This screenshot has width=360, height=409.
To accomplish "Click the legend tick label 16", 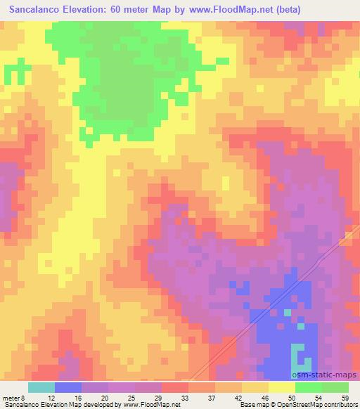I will pyautogui.click(x=78, y=398).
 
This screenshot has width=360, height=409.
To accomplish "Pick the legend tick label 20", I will pyautogui.click(x=105, y=398).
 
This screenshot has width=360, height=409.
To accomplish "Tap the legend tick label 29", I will pyautogui.click(x=157, y=398).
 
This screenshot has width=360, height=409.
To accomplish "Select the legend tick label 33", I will pyautogui.click(x=184, y=398).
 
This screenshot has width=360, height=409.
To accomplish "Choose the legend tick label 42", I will pyautogui.click(x=238, y=398).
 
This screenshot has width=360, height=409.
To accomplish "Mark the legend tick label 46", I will pyautogui.click(x=264, y=398).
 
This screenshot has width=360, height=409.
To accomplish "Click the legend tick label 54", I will pyautogui.click(x=318, y=398).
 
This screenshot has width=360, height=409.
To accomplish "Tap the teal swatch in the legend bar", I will pyautogui.click(x=41, y=387).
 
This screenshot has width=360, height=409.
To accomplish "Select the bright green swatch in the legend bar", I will pyautogui.click(x=309, y=387).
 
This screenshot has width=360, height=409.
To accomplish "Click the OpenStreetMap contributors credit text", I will pyautogui.click(x=312, y=405).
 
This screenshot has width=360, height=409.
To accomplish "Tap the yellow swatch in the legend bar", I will pyautogui.click(x=282, y=387).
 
